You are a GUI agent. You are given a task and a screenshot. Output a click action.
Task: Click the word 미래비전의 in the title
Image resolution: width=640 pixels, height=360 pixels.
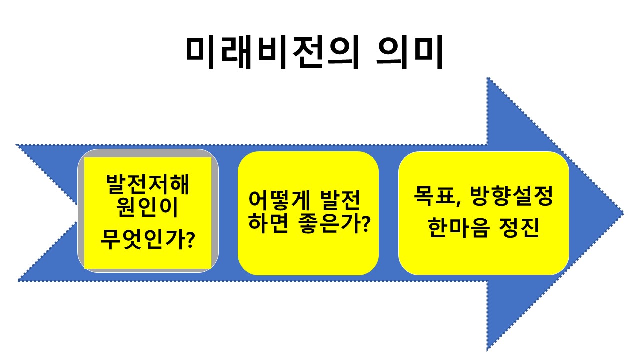click(271, 51)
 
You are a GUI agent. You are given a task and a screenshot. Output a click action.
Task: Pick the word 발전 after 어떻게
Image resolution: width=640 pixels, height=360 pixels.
click(342, 201)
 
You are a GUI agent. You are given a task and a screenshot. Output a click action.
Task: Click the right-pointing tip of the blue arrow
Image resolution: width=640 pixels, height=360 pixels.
click(623, 214)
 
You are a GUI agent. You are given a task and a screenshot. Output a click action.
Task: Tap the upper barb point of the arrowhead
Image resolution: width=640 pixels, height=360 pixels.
click(487, 78)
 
